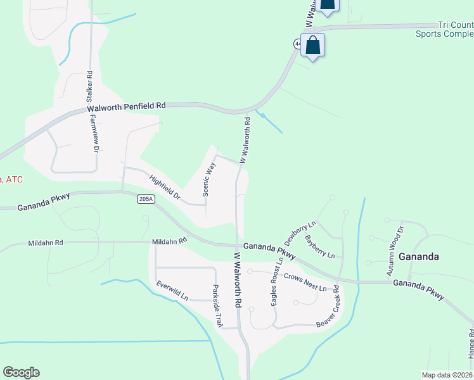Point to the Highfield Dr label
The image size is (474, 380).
pyautogui.click(x=165, y=186)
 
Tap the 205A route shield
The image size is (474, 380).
pyautogui.click(x=145, y=199)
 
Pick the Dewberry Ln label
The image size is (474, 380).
pyautogui.click(x=300, y=234)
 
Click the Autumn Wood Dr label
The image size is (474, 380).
pyautogui.click(x=395, y=251)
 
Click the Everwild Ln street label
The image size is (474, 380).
pyautogui.click(x=172, y=291)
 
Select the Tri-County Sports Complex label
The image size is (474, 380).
pyautogui.click(x=444, y=29)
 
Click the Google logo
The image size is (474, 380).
pyautogui.click(x=21, y=372)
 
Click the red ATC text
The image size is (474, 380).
pyautogui.click(x=12, y=180)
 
